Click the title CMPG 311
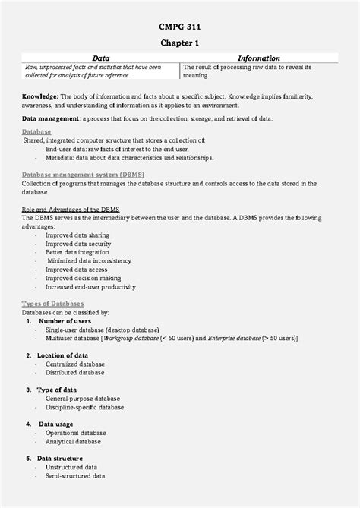[x=179, y=27]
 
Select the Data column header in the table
[x=100, y=58]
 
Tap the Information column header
[x=258, y=58]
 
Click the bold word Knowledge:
[x=40, y=97]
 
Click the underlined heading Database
[x=36, y=131]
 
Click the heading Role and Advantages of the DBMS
[x=71, y=209]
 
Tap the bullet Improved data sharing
[x=77, y=235]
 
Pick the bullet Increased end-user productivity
[x=90, y=287]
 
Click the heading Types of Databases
[x=53, y=304]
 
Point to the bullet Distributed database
[x=75, y=373]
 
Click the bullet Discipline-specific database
[x=84, y=407]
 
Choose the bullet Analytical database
[x=73, y=441]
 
